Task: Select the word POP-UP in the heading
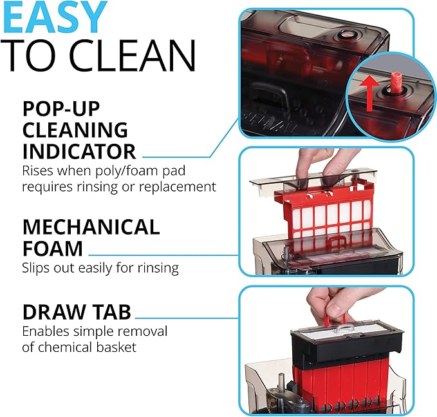[x=62, y=107]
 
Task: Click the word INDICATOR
[x=79, y=151]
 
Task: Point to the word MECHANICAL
[x=91, y=227]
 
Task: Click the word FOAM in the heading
[x=53, y=248]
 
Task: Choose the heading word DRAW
[x=51, y=313]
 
